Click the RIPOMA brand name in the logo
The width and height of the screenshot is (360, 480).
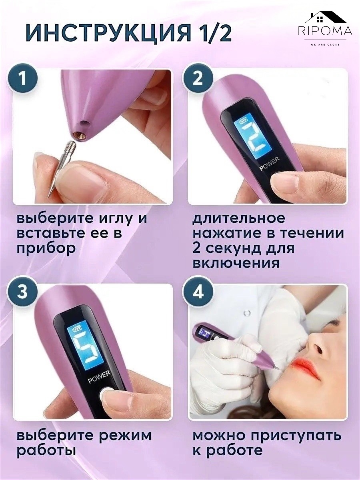pyautogui.click(x=326, y=31)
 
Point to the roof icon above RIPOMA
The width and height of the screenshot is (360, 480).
pyautogui.click(x=326, y=18)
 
